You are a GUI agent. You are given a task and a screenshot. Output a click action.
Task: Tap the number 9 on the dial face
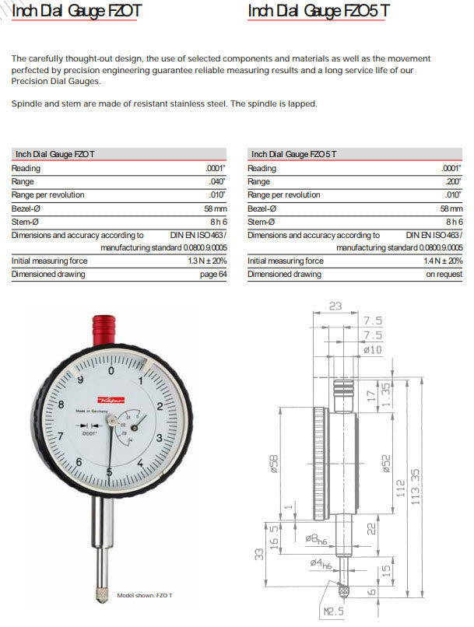[x=81, y=379]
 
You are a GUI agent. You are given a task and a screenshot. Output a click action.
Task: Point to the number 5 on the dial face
[x=109, y=471]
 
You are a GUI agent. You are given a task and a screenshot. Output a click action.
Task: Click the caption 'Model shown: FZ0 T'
[x=145, y=595]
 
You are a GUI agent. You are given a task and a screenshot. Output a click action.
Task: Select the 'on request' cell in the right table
[x=444, y=275]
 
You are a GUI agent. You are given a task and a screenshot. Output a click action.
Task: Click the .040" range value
[x=216, y=181]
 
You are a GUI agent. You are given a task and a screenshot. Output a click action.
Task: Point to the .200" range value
[x=451, y=181]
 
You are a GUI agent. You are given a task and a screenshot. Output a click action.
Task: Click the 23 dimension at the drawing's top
[x=335, y=306]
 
